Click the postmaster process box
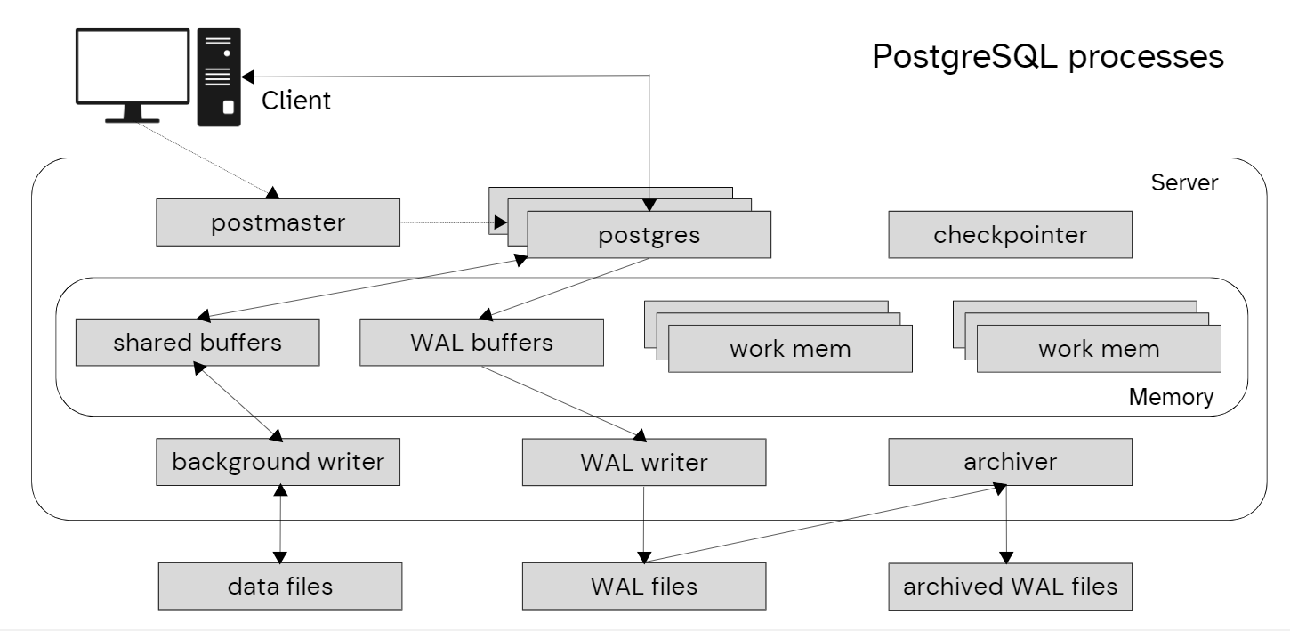278,222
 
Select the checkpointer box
1010,235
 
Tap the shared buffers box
197,343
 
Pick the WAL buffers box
481,343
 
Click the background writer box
278,462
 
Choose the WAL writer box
643,462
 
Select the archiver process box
1010,462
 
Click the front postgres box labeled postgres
649,236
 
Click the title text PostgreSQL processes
1047,56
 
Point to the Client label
295,101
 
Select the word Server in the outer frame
1184,183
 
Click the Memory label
1170,397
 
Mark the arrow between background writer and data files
281,524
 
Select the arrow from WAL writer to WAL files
643,524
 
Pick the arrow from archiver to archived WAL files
1005,524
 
